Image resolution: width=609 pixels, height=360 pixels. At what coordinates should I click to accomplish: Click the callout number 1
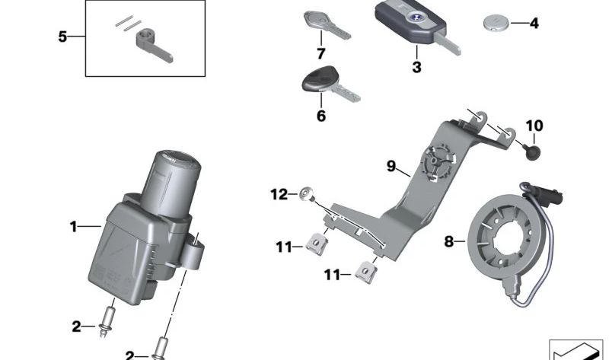tap(74, 226)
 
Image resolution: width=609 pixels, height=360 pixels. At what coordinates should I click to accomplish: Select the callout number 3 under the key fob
tap(416, 68)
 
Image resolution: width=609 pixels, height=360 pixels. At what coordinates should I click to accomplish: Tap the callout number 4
tap(534, 24)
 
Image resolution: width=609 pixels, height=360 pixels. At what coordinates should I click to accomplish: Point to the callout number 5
tap(63, 36)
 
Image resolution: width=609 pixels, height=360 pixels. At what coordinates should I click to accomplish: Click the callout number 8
tap(449, 241)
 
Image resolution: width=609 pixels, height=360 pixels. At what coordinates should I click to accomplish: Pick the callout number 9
tap(391, 166)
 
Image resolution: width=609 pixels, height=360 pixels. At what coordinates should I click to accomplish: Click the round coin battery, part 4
tap(495, 24)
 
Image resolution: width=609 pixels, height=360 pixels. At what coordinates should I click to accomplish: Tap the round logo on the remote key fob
tap(415, 17)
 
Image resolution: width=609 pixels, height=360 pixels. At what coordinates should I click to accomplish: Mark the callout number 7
tap(321, 54)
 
